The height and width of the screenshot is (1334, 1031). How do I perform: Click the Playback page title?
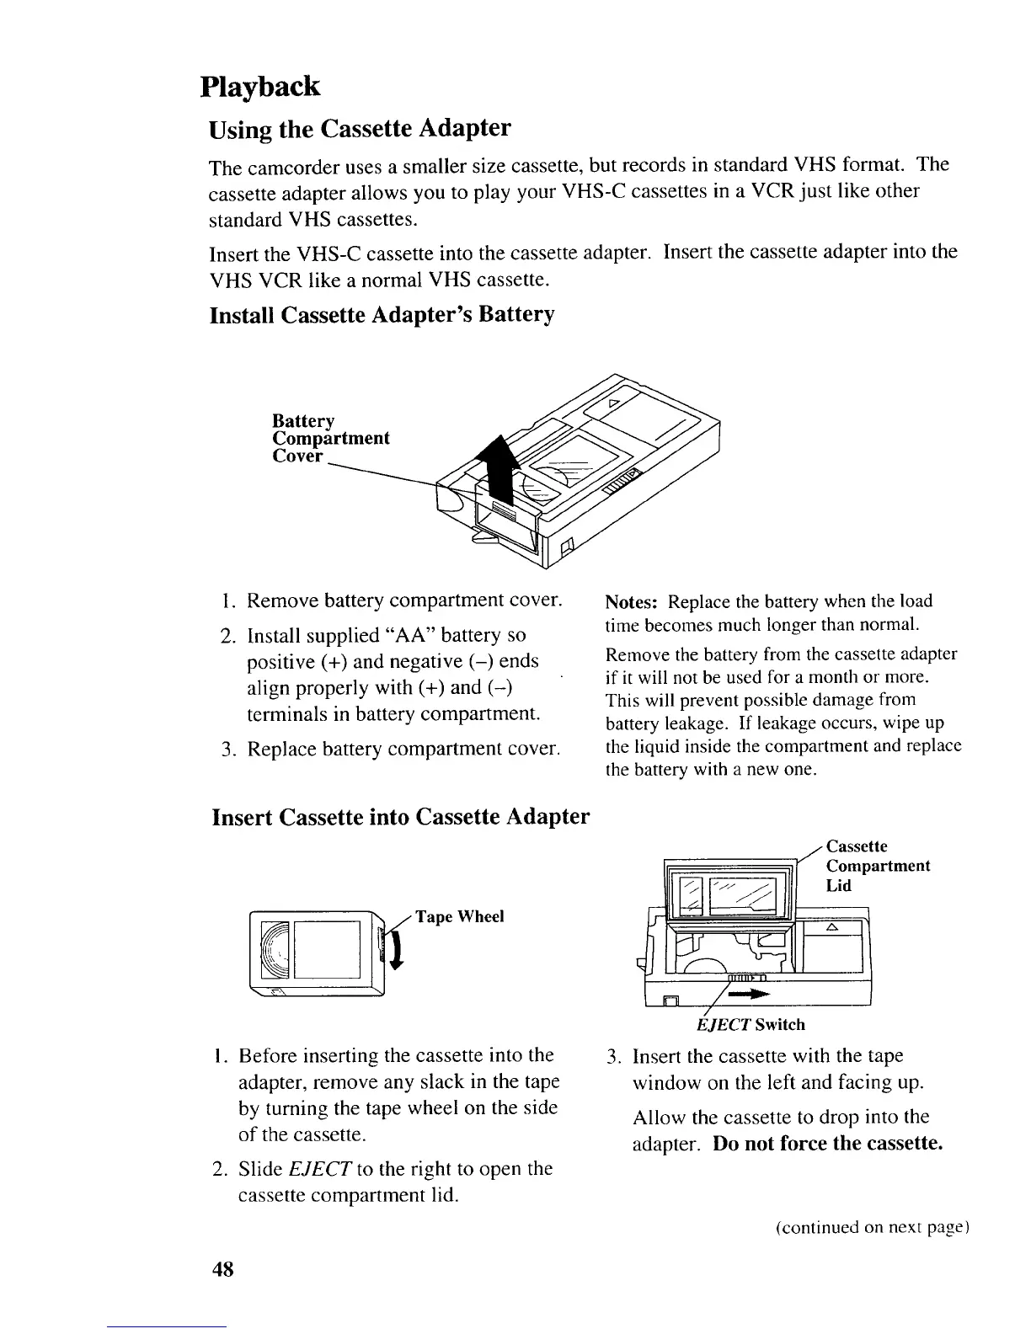click(260, 87)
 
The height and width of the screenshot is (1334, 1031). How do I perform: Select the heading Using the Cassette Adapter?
click(360, 129)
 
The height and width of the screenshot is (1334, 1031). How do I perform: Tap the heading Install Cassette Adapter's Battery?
click(382, 315)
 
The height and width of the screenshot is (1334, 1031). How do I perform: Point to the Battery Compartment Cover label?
click(330, 438)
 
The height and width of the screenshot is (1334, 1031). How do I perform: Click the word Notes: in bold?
click(633, 601)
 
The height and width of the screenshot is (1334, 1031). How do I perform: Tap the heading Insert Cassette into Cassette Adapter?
click(400, 817)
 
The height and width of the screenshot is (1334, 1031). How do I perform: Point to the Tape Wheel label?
click(459, 917)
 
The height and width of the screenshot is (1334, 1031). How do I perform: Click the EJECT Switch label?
click(751, 1025)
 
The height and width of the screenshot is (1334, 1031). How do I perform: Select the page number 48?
click(222, 1267)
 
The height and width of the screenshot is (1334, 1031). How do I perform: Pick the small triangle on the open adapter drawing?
click(831, 927)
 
